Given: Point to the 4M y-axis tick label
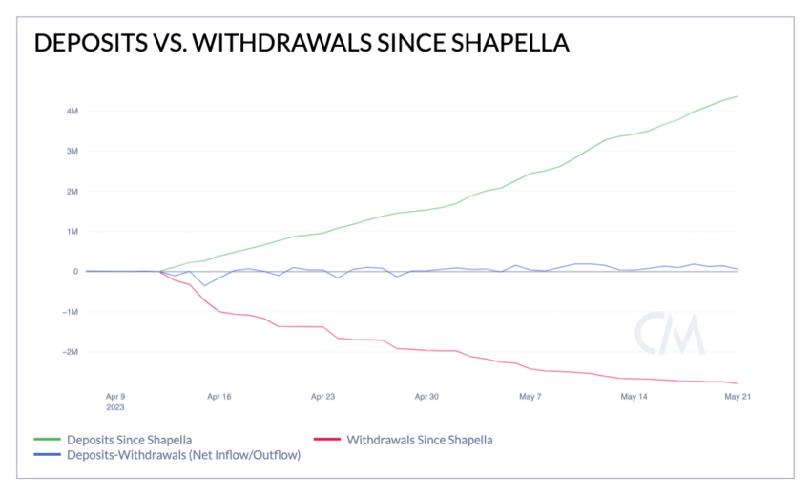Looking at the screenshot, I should pos(72,111).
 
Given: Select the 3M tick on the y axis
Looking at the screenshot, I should pos(72,151).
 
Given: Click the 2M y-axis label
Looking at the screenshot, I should pos(72,191).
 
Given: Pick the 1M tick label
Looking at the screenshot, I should pos(72,231).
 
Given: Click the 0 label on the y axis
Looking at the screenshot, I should pos(74,271).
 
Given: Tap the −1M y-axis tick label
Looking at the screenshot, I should pos(70,311).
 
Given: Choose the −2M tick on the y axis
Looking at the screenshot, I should pos(70,351).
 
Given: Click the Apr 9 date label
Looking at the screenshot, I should pos(115,395).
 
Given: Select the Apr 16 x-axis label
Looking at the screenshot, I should pos(219,395).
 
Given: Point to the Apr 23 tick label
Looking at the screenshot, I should pos(322,395).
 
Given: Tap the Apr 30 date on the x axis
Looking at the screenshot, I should pos(426,395).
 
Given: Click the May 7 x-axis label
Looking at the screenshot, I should pos(530,395).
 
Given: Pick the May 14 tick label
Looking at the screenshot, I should pos(634,395).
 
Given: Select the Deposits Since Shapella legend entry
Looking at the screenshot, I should pos(129,440).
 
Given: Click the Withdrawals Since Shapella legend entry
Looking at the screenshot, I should pos(419,440).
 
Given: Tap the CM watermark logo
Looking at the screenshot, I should pos(670,332).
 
